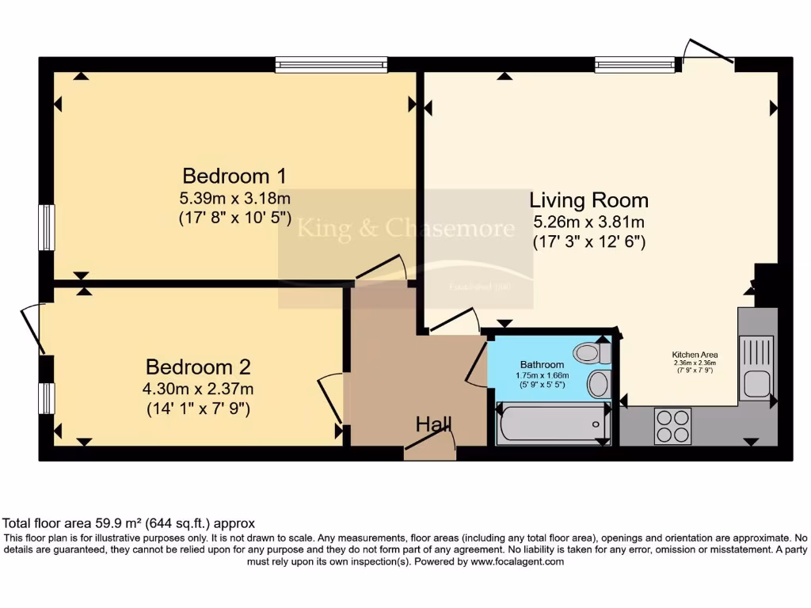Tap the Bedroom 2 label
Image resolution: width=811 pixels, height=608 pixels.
[198, 367]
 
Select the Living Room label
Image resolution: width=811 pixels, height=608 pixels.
[588, 200]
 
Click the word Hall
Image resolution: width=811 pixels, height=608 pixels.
[433, 425]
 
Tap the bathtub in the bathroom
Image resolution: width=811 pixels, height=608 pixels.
[551, 424]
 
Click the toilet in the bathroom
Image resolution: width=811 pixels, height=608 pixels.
[590, 352]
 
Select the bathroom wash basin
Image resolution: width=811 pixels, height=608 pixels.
[598, 385]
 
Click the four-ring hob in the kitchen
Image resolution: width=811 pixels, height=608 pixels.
[672, 426]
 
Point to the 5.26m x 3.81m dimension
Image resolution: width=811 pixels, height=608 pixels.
[588, 222]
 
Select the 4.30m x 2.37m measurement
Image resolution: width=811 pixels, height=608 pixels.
[198, 389]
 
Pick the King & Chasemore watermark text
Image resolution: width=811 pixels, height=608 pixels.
[405, 230]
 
